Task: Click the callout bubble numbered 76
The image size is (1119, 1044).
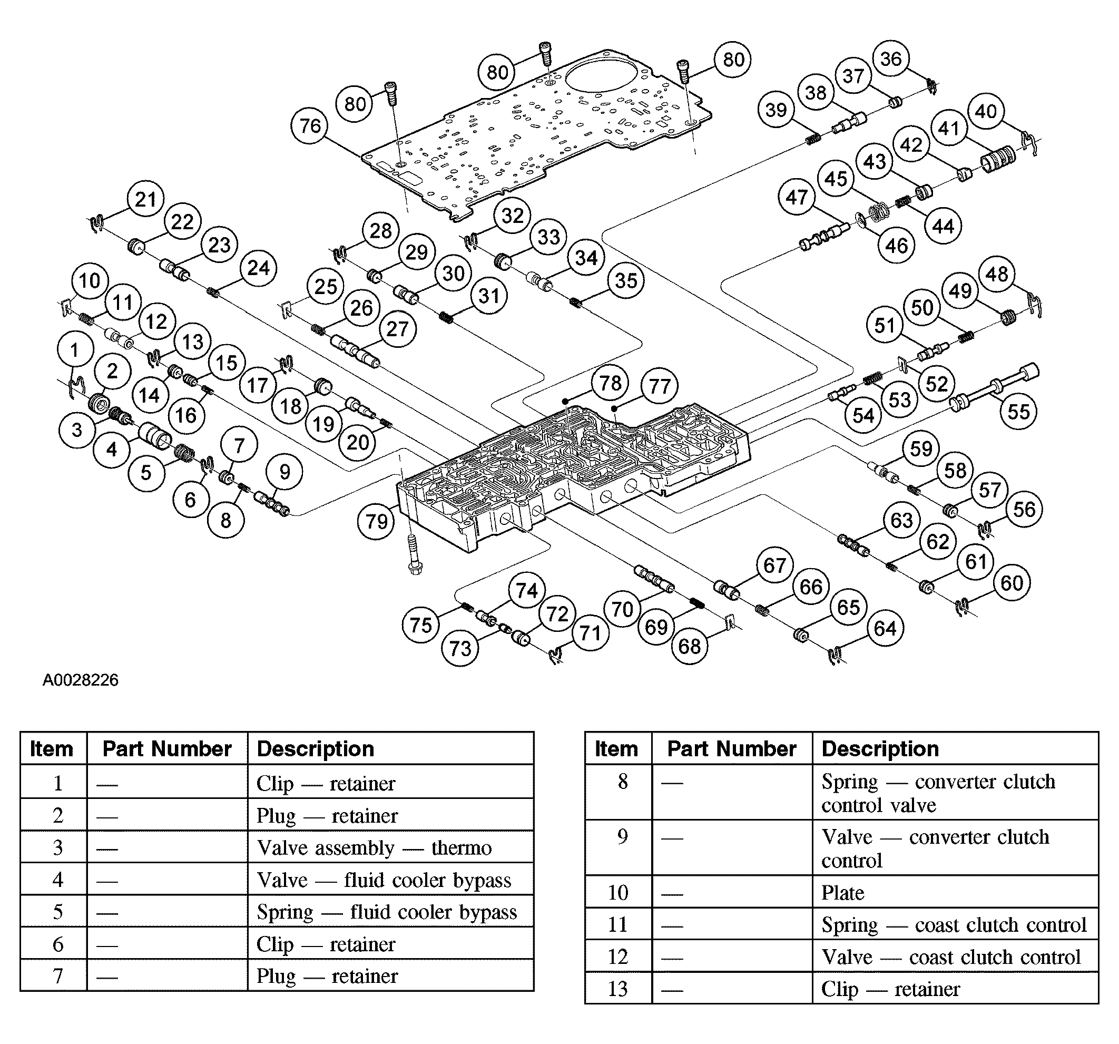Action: pos(310,125)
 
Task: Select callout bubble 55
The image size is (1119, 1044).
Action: pos(1018,412)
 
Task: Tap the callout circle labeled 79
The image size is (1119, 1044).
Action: pos(376,521)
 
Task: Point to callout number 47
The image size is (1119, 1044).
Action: pos(797,198)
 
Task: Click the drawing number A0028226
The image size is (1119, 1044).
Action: pos(81,680)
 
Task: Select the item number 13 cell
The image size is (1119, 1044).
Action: pos(617,989)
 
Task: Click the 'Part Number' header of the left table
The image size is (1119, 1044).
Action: pos(167,749)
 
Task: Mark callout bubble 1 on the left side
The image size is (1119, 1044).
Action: pos(75,350)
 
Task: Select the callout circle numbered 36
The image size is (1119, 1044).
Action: pos(890,58)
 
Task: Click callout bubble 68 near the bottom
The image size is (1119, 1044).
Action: pos(690,646)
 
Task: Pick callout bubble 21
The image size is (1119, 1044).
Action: pos(146,199)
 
